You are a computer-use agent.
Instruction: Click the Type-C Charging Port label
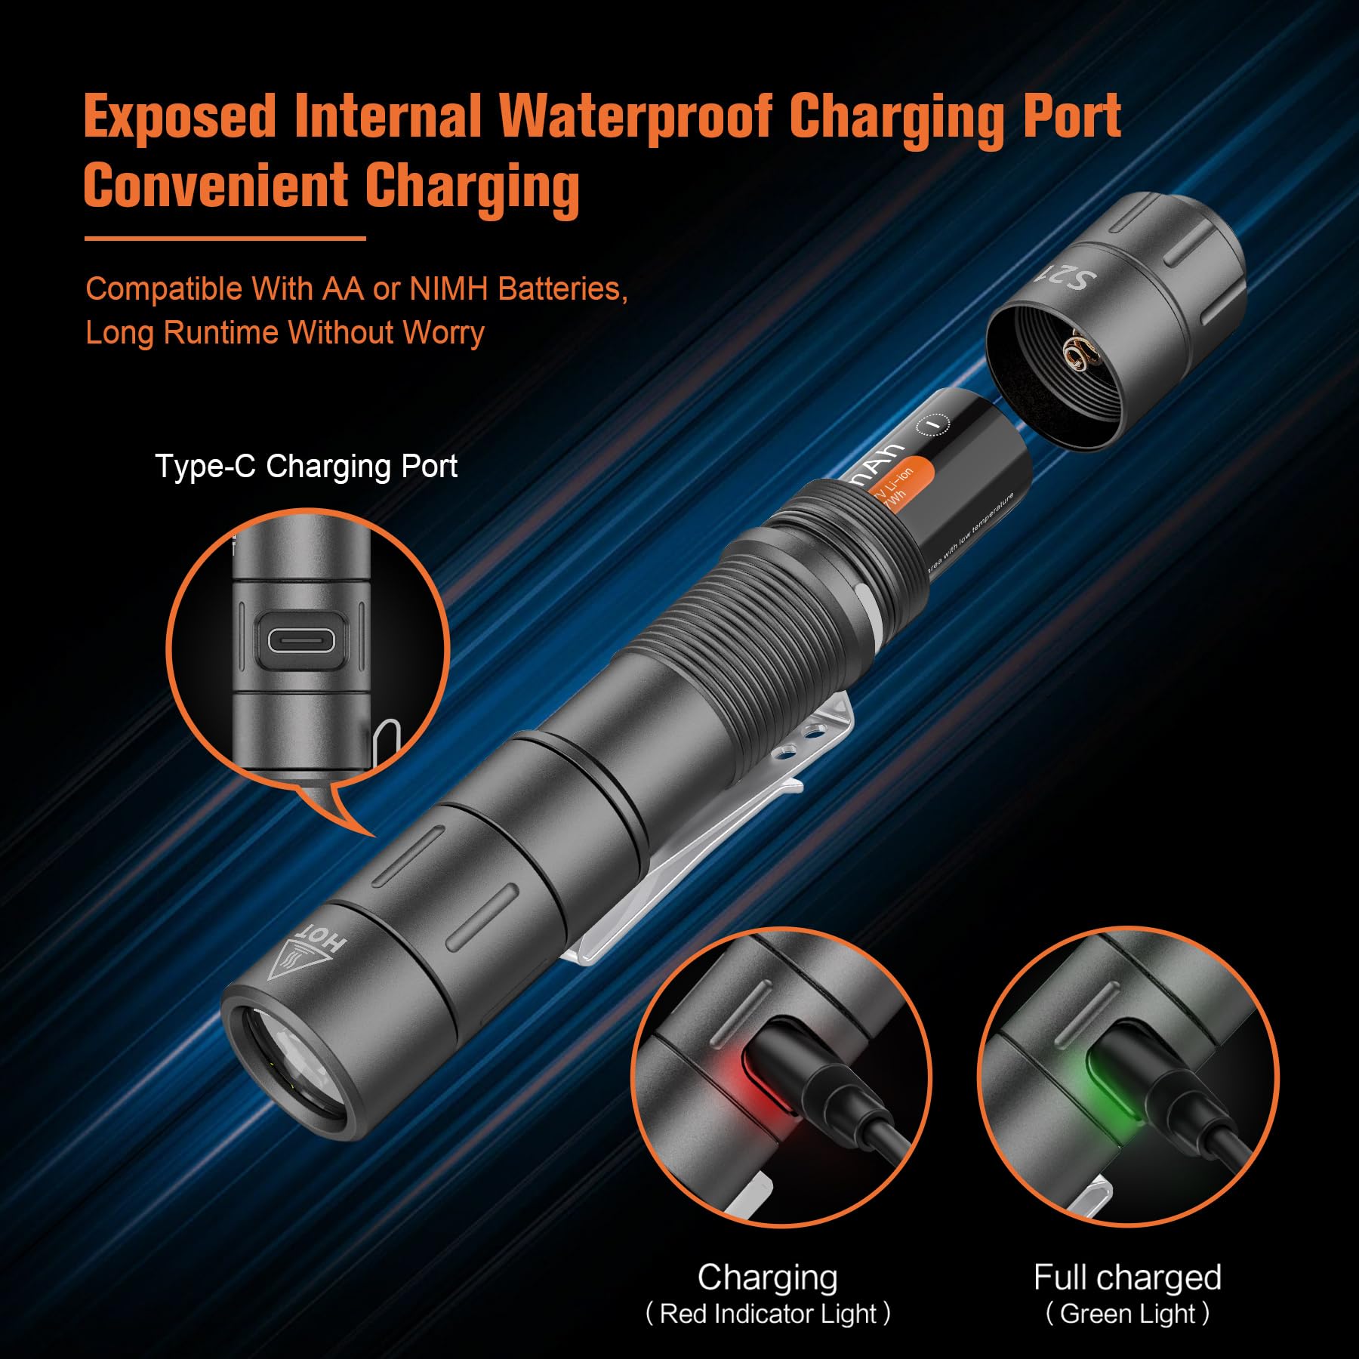pyautogui.click(x=306, y=467)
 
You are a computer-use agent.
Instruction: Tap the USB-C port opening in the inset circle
pyautogui.click(x=301, y=642)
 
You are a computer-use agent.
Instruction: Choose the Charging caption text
pyautogui.click(x=767, y=1277)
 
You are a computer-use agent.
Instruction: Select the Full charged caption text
pyautogui.click(x=1127, y=1277)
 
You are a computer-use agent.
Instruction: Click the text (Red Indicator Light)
pyautogui.click(x=768, y=1314)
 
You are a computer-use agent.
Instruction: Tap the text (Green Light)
pyautogui.click(x=1127, y=1314)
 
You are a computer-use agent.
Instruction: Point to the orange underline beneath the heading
pyautogui.click(x=225, y=239)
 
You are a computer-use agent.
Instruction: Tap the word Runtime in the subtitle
pyautogui.click(x=220, y=333)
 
